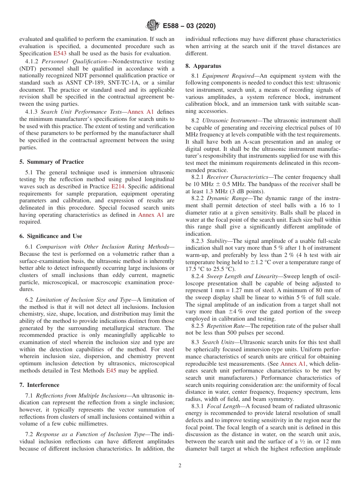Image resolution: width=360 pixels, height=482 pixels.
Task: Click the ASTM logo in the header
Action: click(153, 26)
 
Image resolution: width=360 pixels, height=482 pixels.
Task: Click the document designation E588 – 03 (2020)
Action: click(189, 26)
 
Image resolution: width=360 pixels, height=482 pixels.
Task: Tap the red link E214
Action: click(118, 186)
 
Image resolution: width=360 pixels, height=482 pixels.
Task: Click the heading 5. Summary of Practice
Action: click(52, 162)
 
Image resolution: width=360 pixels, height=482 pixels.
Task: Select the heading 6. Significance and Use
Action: click(51, 236)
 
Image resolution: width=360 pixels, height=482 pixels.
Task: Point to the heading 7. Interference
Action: click(39, 385)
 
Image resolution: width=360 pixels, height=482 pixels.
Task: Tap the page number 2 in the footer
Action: click(180, 466)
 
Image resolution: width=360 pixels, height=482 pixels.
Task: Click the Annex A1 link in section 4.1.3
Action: click(141, 112)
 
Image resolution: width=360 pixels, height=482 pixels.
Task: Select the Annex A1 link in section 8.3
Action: click(293, 363)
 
